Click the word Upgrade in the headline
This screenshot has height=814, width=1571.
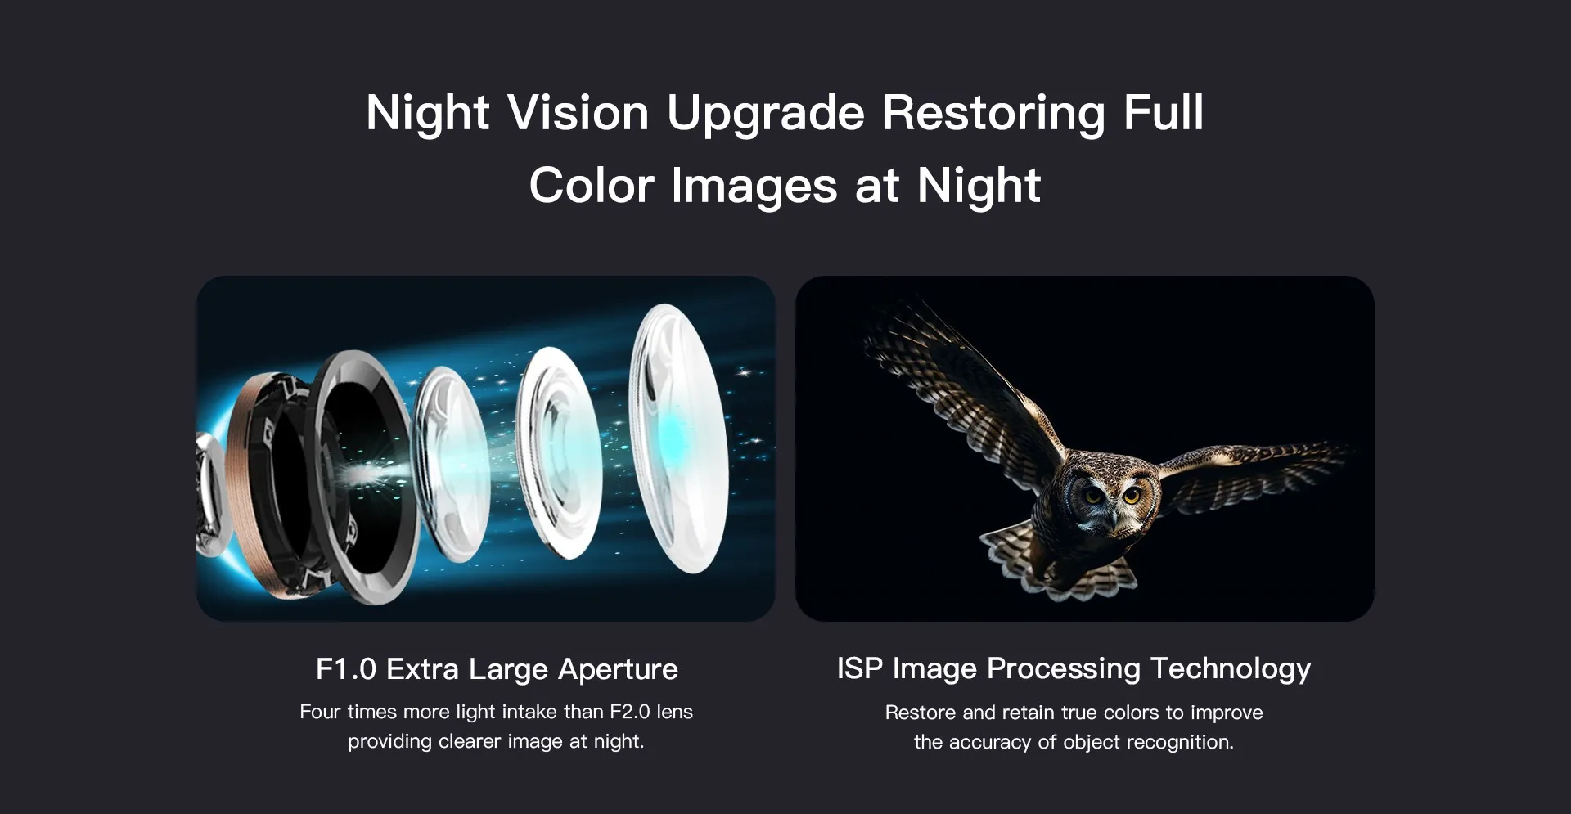[x=765, y=113]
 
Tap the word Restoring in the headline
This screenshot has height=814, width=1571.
[x=993, y=113]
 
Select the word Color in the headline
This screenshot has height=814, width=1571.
[x=591, y=186]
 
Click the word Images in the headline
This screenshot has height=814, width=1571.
[x=754, y=186]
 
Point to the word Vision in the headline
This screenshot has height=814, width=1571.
[x=577, y=113]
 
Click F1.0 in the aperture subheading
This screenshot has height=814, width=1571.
[x=345, y=669]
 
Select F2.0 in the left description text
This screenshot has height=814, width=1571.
[x=629, y=712]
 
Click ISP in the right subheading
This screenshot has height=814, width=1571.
[x=859, y=668]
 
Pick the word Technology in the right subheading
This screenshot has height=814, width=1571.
[x=1230, y=668]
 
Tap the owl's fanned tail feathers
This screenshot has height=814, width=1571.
[x=1064, y=564]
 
